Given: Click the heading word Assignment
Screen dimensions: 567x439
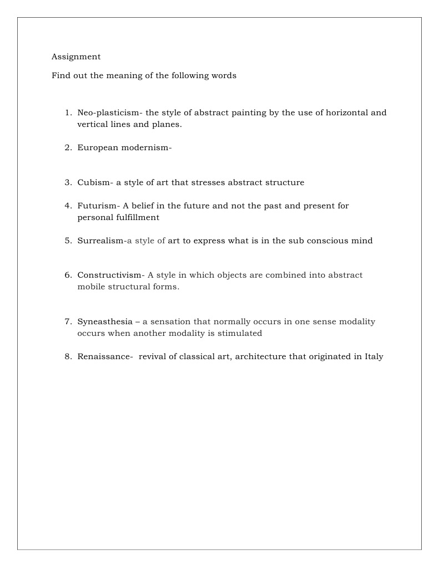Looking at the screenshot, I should coord(76,57).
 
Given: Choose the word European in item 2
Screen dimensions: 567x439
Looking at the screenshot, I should coord(97,147).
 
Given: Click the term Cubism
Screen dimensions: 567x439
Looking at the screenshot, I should coord(95,182).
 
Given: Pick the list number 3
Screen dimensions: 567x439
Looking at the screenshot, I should coord(67,182).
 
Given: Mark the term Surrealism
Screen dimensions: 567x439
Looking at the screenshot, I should coord(101,241).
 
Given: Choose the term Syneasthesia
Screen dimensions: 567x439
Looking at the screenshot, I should coord(105,321).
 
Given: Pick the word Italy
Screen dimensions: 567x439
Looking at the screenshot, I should coord(374,356).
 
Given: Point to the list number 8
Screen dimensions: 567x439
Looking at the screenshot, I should coord(67,356).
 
